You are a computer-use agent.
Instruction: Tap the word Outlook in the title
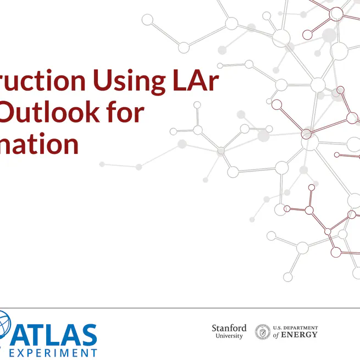tap(52, 112)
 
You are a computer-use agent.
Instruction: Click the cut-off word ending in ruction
tap(43, 81)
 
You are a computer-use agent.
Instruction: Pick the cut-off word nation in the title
tap(39, 144)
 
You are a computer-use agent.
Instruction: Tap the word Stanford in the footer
tap(229, 328)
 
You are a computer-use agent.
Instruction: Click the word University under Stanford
tap(229, 336)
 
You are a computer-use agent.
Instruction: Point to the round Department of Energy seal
tap(263, 332)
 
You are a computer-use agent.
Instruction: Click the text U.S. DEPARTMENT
tap(295, 328)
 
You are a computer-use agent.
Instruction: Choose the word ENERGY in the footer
tap(300, 335)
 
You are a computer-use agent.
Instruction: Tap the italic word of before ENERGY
tap(276, 335)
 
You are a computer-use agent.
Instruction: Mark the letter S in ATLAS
tap(88, 335)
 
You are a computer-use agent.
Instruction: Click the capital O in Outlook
tap(13, 112)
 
